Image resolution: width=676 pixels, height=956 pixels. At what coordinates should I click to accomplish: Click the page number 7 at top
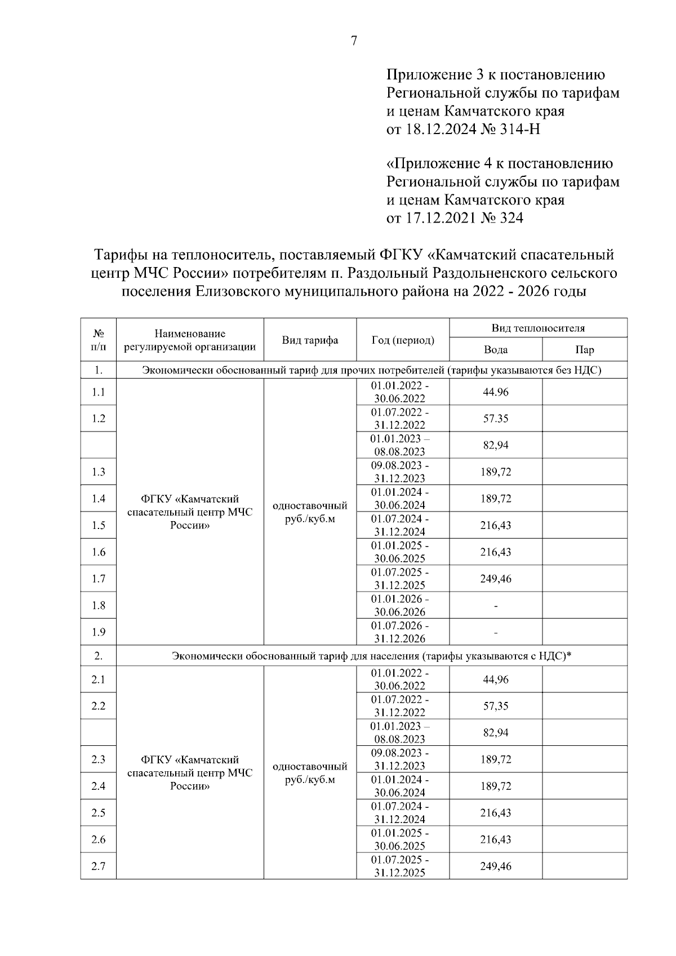click(354, 41)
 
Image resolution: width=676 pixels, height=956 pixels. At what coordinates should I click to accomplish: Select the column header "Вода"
click(495, 350)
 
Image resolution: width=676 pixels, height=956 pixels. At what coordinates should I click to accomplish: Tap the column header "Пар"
click(584, 350)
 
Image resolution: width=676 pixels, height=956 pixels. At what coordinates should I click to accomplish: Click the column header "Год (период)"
click(402, 340)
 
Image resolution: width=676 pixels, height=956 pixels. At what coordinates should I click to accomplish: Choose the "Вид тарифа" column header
click(310, 340)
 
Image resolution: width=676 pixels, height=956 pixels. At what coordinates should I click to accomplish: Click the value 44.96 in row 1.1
click(495, 392)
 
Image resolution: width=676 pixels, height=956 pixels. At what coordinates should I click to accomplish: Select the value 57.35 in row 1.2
click(495, 419)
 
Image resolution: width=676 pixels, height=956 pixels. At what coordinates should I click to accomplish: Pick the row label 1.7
click(99, 579)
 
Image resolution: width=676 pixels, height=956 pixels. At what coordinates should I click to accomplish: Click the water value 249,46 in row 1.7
click(495, 579)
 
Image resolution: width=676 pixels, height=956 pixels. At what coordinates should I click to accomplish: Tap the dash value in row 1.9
click(495, 633)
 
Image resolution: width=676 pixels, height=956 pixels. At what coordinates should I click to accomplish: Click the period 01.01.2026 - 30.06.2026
click(402, 605)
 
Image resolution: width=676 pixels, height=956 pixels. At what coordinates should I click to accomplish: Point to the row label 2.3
click(99, 759)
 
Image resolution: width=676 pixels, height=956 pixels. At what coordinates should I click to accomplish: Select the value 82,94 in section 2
click(495, 733)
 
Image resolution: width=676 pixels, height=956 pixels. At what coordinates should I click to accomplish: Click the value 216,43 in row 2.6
click(495, 839)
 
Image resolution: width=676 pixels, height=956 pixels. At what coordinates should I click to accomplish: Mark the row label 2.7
click(99, 866)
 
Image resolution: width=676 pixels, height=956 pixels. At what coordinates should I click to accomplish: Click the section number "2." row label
click(99, 656)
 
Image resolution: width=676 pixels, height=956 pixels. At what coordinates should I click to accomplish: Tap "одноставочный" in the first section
click(310, 506)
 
